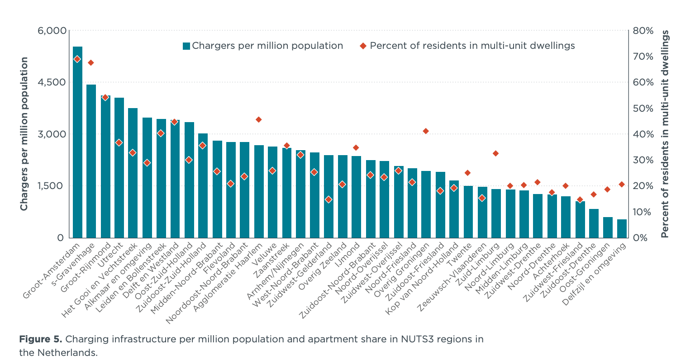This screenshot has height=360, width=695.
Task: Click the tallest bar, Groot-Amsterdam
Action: point(77,142)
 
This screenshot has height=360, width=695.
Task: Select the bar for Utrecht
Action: point(119,167)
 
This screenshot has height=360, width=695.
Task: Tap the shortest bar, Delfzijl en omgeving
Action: point(622,228)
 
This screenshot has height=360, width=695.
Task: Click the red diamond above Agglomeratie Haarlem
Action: point(258,119)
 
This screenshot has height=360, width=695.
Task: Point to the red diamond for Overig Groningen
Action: point(425,131)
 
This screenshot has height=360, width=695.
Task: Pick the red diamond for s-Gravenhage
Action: point(90,62)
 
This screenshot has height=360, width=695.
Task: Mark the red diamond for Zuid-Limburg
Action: point(495,153)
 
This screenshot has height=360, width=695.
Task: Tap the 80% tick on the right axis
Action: point(643,31)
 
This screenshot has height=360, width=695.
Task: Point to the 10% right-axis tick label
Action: point(643,212)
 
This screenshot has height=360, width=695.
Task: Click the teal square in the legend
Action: point(186,46)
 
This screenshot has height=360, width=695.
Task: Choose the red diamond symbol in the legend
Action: point(362,46)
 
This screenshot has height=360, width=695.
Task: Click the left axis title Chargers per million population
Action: point(24,134)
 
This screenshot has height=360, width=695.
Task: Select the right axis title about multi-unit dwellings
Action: point(665,134)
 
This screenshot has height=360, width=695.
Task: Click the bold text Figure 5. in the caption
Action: point(39,339)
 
